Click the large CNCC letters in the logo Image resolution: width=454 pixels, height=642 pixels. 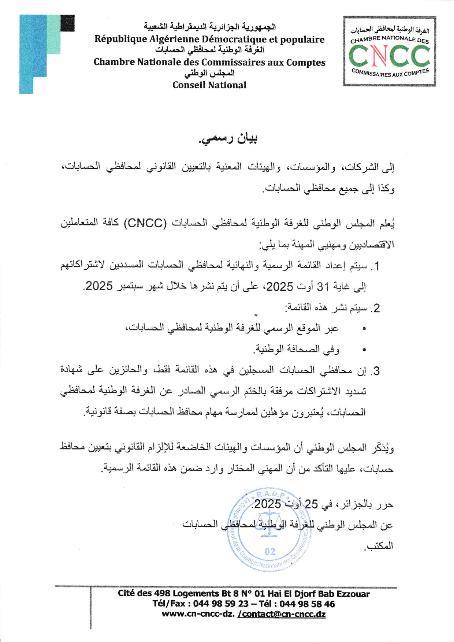[389, 56]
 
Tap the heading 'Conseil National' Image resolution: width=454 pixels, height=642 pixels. [209, 85]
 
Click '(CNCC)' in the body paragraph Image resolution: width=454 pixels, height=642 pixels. [145, 223]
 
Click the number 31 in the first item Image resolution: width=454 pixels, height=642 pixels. [323, 287]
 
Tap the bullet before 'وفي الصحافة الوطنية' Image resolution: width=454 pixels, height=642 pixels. [364, 350]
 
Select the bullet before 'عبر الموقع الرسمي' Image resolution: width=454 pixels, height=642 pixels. [364, 329]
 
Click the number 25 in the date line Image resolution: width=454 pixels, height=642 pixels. [311, 504]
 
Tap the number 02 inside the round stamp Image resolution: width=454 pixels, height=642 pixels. [270, 552]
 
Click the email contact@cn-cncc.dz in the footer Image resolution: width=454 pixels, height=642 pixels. [282, 614]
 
